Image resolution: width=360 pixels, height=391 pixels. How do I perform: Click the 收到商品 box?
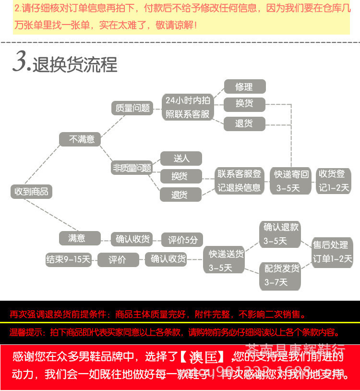pos(32,191)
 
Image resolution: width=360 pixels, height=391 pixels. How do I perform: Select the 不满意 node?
pos(80,139)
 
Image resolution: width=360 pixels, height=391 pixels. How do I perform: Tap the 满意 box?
pos(80,238)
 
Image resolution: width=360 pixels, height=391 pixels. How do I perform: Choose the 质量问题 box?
pos(132,108)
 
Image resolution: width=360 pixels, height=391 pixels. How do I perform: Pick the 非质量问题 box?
pos(132,168)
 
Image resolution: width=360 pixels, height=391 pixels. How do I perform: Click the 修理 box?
pos(244,87)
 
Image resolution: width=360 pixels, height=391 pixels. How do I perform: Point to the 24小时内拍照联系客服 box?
pos(188,107)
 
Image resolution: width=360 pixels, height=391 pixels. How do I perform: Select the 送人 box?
pos(181,158)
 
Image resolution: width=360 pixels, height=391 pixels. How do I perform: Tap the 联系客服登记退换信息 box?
pos(239,181)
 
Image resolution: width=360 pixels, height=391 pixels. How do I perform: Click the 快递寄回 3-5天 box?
pos(291,181)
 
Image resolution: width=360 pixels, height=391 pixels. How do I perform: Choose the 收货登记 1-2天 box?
pos(334,181)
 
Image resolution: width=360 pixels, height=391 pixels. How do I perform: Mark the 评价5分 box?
pos(182,239)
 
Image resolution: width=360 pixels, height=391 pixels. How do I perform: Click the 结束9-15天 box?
pos(69,259)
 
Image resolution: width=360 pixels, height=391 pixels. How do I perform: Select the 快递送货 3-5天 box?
pos(226,260)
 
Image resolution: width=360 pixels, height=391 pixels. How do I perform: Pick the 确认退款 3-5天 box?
pos(281,233)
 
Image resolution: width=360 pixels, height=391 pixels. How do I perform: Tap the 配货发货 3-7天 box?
pos(281,275)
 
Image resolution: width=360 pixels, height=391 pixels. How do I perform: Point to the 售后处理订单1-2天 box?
pos(332,252)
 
